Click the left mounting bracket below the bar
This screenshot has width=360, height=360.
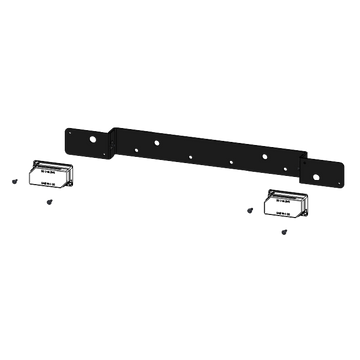48,175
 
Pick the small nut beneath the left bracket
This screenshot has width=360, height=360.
47,200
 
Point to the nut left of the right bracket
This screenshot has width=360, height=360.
246,209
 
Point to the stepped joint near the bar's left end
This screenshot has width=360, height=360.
113,140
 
